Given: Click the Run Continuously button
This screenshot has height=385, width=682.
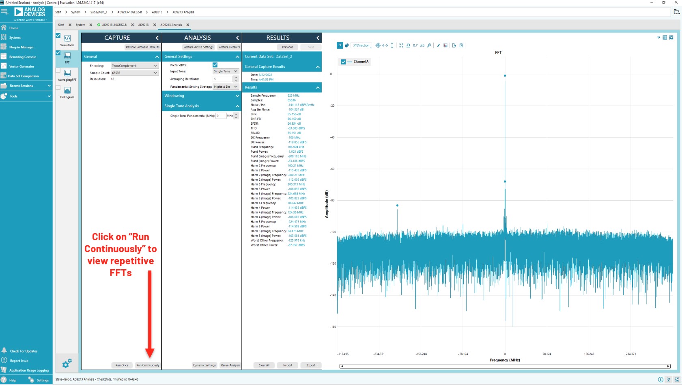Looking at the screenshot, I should click(148, 365).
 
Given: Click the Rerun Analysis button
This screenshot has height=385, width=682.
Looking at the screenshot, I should click(230, 365).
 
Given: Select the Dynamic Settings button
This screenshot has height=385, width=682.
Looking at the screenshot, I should click(204, 365).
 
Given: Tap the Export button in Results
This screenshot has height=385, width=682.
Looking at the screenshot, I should click(311, 365).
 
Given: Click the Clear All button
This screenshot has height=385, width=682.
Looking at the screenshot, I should click(264, 365).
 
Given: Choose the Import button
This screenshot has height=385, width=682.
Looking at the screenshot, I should click(288, 365).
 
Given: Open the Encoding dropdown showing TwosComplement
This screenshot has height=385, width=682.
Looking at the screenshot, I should click(134, 66).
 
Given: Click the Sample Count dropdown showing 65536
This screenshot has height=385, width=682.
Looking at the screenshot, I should click(134, 73).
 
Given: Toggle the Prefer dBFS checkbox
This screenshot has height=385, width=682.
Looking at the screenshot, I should click(215, 65).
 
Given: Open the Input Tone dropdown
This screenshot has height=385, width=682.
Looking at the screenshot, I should click(226, 71).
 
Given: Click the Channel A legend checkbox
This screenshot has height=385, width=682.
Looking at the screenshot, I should click(343, 62).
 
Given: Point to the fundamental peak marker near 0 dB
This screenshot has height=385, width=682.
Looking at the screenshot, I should click(505, 76).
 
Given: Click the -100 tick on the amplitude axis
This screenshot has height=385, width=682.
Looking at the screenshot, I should click(333, 232).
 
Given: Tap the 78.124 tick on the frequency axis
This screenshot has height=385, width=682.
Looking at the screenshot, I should click(546, 354).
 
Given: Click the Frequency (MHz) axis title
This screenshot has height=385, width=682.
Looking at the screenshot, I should click(505, 360).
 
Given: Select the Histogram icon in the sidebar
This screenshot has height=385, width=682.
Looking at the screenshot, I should click(67, 91).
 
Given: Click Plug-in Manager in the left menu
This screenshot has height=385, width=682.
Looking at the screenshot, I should click(22, 47).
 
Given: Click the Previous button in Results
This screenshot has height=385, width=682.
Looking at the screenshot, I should click(288, 47).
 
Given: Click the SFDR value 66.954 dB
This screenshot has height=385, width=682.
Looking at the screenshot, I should click(294, 123).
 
